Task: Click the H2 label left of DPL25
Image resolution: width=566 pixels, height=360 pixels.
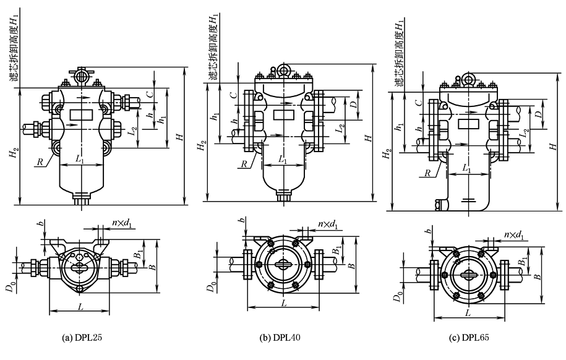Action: point(14,155)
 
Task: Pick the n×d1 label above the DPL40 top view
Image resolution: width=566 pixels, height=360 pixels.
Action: point(327,224)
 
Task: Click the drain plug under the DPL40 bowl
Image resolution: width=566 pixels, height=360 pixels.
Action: point(283,197)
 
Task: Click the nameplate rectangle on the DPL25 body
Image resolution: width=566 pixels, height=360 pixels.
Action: point(81,114)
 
